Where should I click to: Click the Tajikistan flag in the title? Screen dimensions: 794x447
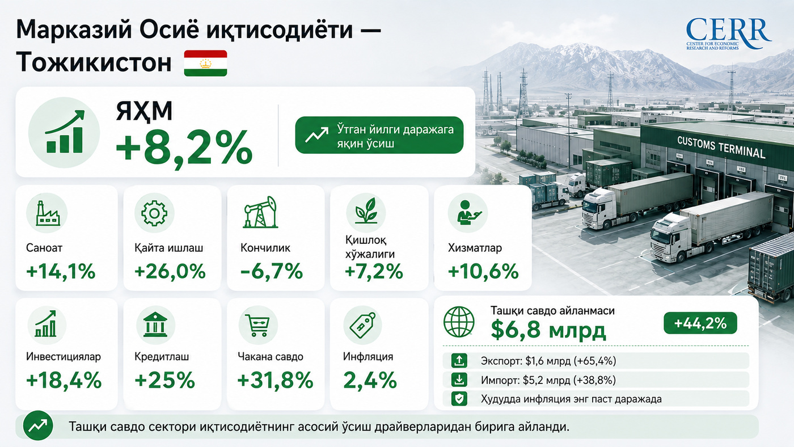click(205, 63)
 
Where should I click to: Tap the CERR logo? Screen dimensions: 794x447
click(728, 34)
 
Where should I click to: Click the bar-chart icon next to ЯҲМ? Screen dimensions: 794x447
click(64, 132)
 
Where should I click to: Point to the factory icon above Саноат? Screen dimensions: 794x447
click(47, 213)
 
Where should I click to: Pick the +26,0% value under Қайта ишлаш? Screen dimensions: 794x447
click(170, 272)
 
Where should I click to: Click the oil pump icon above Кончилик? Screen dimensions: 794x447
click(260, 212)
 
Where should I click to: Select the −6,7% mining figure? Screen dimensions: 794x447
click(272, 272)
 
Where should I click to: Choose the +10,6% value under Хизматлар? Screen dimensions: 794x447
click(483, 272)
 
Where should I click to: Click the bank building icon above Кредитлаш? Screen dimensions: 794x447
click(155, 325)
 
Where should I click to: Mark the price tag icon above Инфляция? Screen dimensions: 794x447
click(362, 325)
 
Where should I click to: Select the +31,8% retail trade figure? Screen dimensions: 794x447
click(275, 381)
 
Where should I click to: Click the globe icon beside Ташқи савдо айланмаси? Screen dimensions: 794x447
click(459, 322)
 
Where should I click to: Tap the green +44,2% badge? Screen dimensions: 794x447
click(700, 323)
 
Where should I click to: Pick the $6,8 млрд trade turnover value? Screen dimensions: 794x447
click(548, 330)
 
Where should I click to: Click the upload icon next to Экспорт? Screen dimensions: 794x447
click(459, 361)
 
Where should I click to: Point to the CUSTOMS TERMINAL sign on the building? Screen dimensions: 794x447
click(721, 146)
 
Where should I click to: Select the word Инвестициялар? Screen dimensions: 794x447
click(64, 356)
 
